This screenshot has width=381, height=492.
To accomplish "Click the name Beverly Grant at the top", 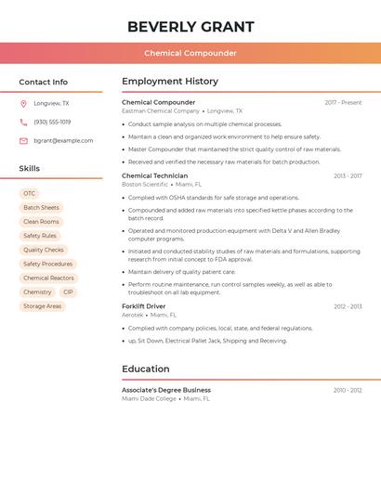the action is click(x=190, y=26).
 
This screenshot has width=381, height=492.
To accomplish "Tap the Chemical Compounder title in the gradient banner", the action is click(x=190, y=53).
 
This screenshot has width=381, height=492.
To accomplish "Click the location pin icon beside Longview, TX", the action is click(x=23, y=103).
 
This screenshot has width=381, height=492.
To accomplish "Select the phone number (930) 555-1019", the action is click(x=52, y=122).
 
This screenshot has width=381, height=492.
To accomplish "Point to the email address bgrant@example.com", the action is click(x=63, y=140).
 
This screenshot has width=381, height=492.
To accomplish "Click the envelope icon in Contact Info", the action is click(x=23, y=140).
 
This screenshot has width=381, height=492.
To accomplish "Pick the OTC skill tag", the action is click(x=30, y=193).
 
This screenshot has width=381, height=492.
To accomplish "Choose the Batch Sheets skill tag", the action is click(x=41, y=207).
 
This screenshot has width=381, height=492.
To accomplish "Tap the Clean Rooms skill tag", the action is click(x=41, y=222).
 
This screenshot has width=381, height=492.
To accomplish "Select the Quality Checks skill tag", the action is click(x=44, y=250).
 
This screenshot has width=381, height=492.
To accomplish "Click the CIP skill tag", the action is click(x=68, y=291).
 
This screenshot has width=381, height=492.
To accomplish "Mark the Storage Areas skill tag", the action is click(x=42, y=305).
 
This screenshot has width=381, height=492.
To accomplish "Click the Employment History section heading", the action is click(x=170, y=81).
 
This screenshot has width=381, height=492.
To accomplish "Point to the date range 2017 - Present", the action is click(x=343, y=102).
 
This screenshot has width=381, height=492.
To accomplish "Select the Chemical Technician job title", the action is click(x=154, y=175).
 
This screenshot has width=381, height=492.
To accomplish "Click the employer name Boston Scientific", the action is click(x=144, y=184).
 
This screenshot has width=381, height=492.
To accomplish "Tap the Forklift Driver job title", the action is click(x=143, y=306).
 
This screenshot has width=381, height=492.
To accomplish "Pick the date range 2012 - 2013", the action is click(x=348, y=306).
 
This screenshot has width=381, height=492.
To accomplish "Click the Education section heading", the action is click(x=145, y=369).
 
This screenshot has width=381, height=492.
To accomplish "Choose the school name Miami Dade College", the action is click(x=149, y=398).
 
